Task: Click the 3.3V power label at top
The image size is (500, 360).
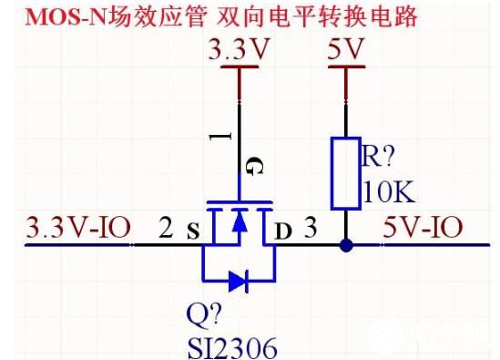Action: pos(239,49)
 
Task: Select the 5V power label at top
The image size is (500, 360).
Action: pos(346,49)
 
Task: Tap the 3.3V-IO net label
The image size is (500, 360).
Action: pos(78,227)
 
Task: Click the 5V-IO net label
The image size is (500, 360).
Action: pos(423,227)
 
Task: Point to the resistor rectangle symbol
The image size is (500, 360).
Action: pos(346,173)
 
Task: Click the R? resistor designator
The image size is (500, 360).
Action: pos(378,156)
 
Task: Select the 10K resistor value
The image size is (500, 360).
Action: pos(389,191)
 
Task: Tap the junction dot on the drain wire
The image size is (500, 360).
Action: pos(346,245)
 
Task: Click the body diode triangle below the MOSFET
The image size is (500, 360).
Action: pos(237,282)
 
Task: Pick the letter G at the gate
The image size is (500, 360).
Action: pos(254,166)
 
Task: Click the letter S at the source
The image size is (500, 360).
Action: pos(193,231)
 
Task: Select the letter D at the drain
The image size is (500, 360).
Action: pos(283,231)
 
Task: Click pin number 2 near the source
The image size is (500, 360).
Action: pos(166,227)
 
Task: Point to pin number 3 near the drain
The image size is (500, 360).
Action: pos(311,227)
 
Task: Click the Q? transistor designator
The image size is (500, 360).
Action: pos(204,315)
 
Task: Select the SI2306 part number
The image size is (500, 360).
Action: pos(232,348)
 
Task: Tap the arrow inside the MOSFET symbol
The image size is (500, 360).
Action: pos(240,221)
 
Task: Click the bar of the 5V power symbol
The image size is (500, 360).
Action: pos(347,67)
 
